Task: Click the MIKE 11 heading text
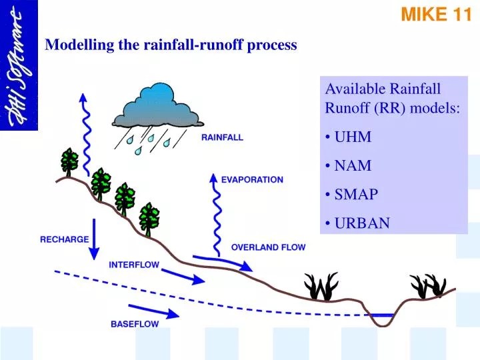[x=435, y=15]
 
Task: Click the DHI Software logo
[x=19, y=65]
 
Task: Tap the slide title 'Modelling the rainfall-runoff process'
[x=171, y=45]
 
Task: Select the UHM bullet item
[x=353, y=137]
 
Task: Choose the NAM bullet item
[x=353, y=165]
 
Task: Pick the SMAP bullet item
[x=356, y=194]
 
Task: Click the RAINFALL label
[x=222, y=138]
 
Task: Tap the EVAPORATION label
[x=252, y=179]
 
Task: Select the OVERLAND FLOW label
[x=268, y=247]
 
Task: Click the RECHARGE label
[x=65, y=239]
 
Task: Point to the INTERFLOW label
[x=134, y=265]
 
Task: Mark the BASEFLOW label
[x=135, y=325]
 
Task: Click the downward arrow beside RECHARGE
[x=94, y=239]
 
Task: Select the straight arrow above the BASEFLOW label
[x=154, y=311]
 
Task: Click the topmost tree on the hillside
[x=69, y=162]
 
